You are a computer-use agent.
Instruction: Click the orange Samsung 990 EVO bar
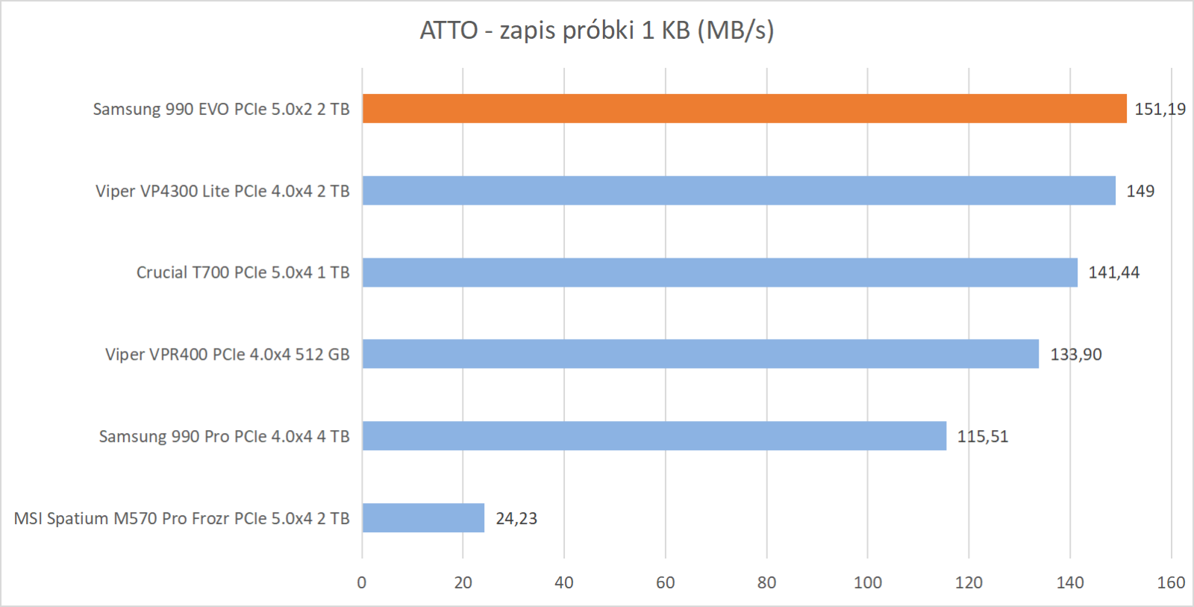(744, 108)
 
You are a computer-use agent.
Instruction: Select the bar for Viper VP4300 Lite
(739, 190)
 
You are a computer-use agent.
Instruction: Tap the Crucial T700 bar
(719, 273)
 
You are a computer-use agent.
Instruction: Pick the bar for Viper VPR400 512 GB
(700, 354)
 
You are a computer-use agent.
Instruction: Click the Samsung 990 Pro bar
(654, 436)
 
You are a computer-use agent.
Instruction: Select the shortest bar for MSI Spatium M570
(423, 517)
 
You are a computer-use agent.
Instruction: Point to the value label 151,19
(1160, 109)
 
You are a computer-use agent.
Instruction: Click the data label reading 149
(1140, 191)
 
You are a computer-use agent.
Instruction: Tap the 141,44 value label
(1113, 273)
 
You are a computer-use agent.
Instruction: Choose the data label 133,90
(1075, 355)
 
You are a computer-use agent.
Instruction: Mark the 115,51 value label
(982, 437)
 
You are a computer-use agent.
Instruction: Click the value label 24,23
(516, 518)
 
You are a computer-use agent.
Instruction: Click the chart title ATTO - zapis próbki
(597, 31)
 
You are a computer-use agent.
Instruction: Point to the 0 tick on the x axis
(362, 582)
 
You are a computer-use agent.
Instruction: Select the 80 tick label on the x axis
(766, 582)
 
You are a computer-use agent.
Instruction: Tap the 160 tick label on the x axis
(1170, 582)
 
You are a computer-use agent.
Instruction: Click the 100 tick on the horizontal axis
(867, 582)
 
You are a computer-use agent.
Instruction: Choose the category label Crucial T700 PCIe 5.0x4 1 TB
(243, 273)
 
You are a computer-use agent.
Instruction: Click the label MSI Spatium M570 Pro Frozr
(181, 518)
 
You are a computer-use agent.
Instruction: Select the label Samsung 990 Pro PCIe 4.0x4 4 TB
(224, 436)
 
